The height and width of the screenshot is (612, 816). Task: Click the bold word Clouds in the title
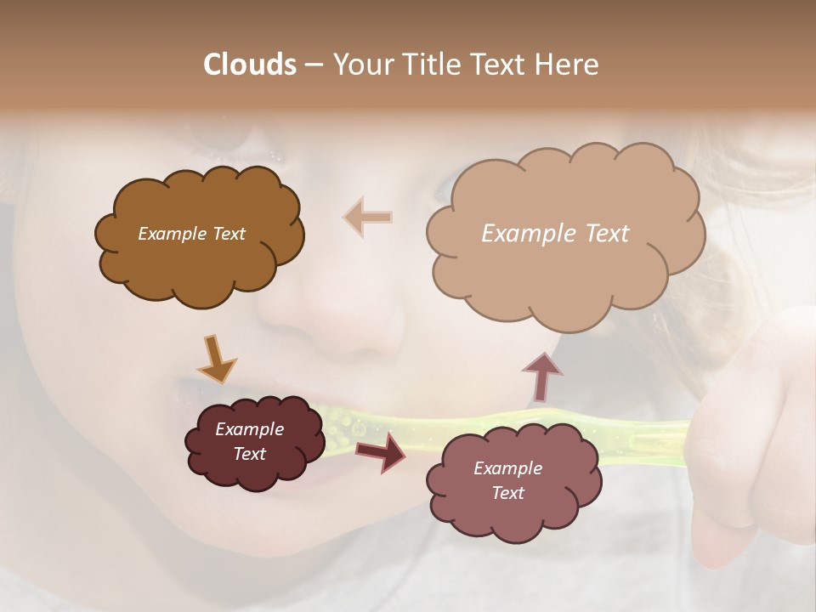point(250,65)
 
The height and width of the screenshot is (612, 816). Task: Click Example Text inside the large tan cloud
point(555,234)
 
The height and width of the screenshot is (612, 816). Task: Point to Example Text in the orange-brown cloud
point(191,234)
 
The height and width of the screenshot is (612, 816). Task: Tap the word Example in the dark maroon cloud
point(249,429)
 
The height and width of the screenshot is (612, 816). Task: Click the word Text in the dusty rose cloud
point(507,493)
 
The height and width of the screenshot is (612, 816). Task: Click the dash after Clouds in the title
point(314,65)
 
